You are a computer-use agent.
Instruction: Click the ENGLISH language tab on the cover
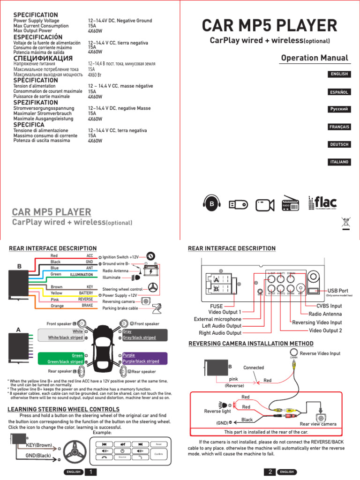coord(339,74)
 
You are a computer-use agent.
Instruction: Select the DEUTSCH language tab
coord(339,144)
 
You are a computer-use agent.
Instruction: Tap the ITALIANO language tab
coord(339,162)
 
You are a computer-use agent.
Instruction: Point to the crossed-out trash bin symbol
coord(346,223)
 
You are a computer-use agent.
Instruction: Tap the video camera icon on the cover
coord(265,204)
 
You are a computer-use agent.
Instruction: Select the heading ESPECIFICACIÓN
coord(37,37)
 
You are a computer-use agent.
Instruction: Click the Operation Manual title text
coord(315,58)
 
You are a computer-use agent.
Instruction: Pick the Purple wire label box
coord(144,355)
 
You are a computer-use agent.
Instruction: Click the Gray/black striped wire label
coord(144,337)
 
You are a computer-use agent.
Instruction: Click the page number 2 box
coord(270,472)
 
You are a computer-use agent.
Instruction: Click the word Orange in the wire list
coord(58,306)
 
